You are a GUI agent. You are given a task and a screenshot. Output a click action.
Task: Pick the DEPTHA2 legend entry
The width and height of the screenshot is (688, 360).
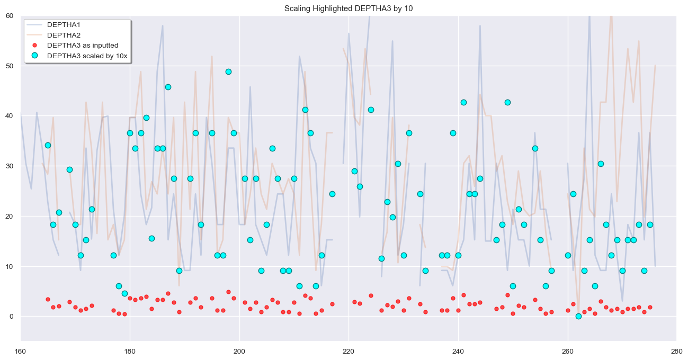[x=64, y=35]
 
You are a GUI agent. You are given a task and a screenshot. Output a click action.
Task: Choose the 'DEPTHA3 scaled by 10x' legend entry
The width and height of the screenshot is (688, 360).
[x=87, y=56]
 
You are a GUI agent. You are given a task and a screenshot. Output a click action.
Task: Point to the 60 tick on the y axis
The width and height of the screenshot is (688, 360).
[x=10, y=15]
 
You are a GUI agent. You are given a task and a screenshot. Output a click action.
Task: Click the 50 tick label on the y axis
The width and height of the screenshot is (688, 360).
[x=10, y=66]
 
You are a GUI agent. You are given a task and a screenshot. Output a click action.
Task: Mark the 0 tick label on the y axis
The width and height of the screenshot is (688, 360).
[x=12, y=317]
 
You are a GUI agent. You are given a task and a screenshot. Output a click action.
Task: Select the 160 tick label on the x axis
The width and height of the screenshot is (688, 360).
[x=21, y=350]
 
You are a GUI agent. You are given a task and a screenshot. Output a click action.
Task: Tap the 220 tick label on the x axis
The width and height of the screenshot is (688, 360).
[x=349, y=350]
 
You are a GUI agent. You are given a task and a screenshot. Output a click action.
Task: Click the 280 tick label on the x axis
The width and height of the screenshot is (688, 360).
[x=676, y=350]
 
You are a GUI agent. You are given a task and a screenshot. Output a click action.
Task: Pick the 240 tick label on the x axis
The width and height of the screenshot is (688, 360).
[x=458, y=350]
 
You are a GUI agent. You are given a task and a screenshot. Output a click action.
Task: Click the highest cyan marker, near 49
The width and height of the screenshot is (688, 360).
[x=228, y=71]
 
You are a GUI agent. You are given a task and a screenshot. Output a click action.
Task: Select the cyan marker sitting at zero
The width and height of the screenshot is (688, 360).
[x=578, y=316]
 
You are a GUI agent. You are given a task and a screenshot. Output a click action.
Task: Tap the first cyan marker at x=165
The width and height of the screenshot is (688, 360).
[x=48, y=145]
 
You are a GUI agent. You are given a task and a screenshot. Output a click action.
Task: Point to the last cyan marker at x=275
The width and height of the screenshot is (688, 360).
[x=650, y=224]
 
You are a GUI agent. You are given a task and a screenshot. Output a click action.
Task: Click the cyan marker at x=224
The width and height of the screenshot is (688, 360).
[x=371, y=110]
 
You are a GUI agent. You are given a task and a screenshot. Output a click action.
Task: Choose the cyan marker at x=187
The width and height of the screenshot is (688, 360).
[x=168, y=87]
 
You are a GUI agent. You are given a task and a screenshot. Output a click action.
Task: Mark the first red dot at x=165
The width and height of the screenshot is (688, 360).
[x=48, y=299]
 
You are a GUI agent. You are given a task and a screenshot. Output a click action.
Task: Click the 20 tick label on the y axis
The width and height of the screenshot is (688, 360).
[x=10, y=216]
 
